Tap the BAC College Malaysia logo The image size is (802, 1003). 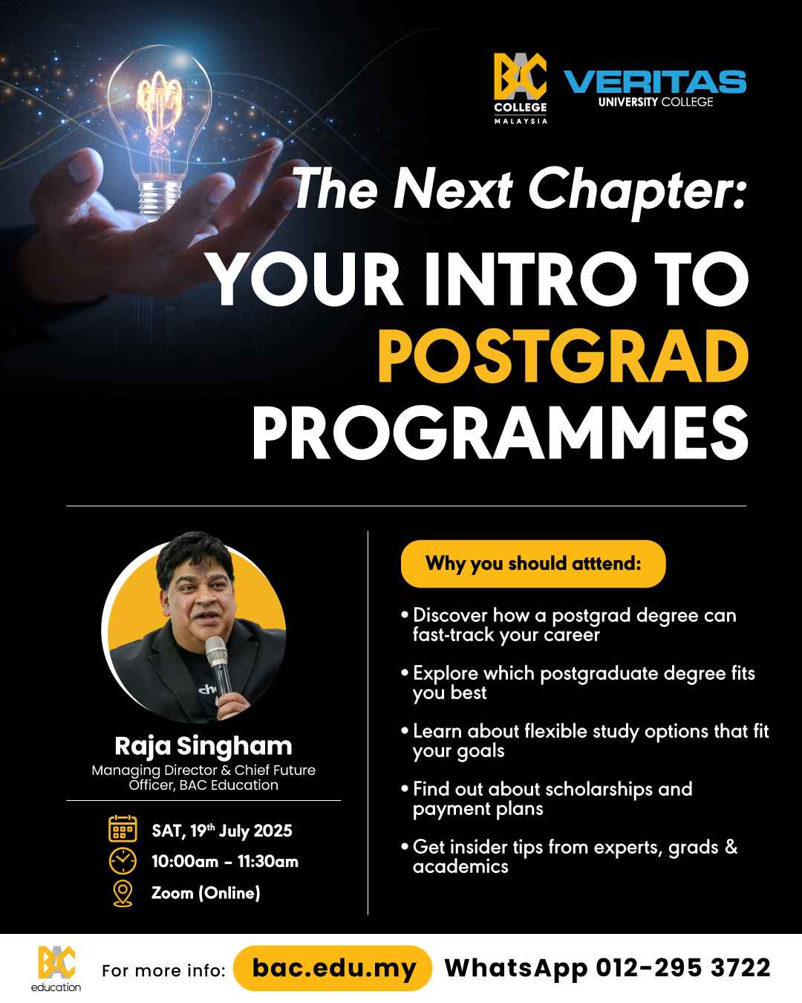[521, 88]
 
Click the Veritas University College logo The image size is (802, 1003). [655, 88]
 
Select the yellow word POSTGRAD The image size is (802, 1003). [563, 356]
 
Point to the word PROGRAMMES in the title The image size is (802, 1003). [501, 433]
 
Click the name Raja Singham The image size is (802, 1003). [203, 746]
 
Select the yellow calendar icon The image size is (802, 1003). [123, 828]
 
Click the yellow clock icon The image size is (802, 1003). [123, 860]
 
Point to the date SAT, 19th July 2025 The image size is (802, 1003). [222, 831]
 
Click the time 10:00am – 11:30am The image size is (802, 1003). [225, 861]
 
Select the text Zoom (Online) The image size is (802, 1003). [206, 893]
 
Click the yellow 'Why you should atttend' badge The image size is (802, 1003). [533, 563]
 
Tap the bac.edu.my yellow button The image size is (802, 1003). [333, 968]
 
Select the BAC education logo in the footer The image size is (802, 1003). [56, 969]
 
